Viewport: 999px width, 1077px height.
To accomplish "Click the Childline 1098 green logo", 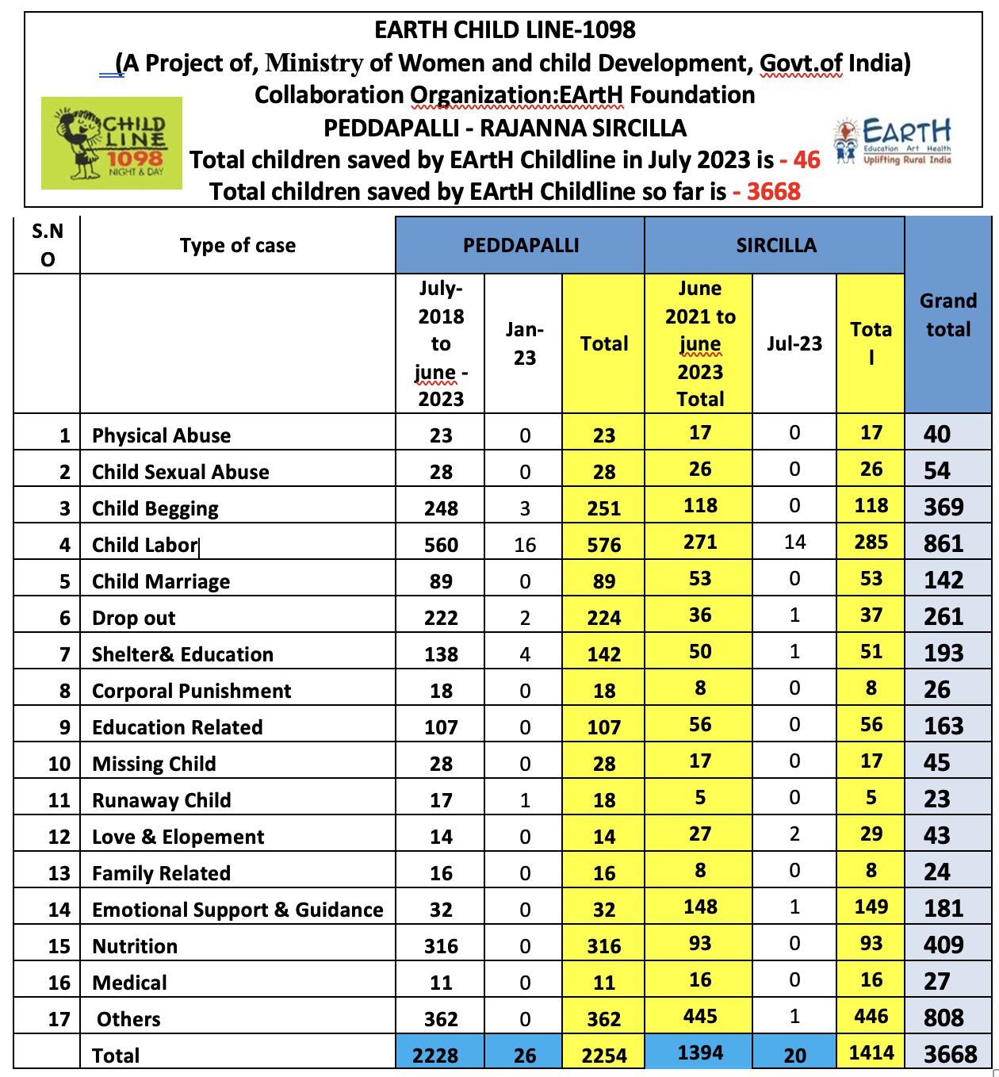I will click(112, 144).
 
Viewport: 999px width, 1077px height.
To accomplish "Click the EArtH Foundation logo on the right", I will click(894, 142).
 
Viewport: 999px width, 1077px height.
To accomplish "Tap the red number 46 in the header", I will click(807, 159).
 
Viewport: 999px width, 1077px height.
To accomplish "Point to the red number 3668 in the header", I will click(773, 191).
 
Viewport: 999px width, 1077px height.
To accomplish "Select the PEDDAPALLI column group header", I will click(520, 245).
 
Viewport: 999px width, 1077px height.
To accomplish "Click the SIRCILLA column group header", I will click(775, 245).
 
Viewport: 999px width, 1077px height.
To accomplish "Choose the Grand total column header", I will click(948, 315).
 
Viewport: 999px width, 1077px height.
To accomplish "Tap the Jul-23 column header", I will click(794, 343).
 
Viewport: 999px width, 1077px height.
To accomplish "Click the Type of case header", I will click(238, 246).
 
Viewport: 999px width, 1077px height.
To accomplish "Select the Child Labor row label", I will click(144, 545).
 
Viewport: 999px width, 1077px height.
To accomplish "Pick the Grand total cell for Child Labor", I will click(943, 544).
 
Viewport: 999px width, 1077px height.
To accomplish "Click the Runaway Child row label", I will click(162, 800).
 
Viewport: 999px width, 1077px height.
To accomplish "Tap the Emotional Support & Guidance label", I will click(238, 910).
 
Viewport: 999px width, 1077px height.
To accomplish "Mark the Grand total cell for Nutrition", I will click(943, 945).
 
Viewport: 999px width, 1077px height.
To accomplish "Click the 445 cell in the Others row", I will click(700, 1017).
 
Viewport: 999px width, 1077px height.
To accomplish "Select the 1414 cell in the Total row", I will click(871, 1053).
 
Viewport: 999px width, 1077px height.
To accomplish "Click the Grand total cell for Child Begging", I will click(943, 508).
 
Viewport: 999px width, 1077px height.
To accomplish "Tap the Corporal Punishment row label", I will click(192, 691).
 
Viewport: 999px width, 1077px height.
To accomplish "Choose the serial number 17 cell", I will click(59, 1019).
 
